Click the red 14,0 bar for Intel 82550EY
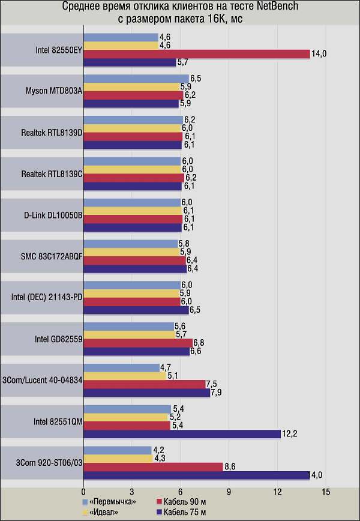coord(196,54)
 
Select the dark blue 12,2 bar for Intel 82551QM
coord(182,434)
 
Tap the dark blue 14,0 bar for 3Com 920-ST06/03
coord(196,475)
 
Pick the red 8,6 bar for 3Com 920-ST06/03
coord(153,466)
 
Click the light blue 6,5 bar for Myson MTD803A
coord(136,79)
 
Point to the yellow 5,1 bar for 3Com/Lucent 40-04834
coord(125,376)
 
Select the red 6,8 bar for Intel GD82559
coord(138,343)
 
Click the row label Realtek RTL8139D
coord(52,132)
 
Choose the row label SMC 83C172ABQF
coord(52,256)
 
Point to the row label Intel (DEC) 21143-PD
coord(47,297)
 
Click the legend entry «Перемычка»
coord(112,501)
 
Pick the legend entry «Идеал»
coord(105,511)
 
